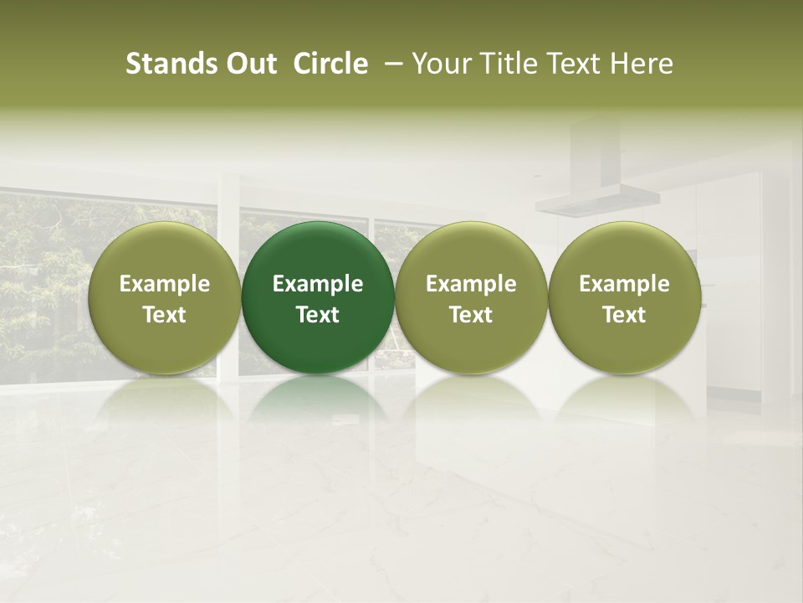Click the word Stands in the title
tap(167, 64)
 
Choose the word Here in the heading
tap(641, 64)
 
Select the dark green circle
tap(318, 297)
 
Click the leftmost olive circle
tap(165, 297)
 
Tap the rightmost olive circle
tap(625, 297)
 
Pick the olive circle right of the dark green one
tap(471, 297)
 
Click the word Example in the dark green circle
tap(318, 284)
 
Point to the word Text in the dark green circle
tap(318, 315)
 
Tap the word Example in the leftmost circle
tap(165, 284)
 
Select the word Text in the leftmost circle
tap(165, 315)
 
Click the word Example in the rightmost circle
tap(625, 284)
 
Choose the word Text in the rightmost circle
tap(625, 315)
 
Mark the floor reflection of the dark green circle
tap(318, 400)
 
